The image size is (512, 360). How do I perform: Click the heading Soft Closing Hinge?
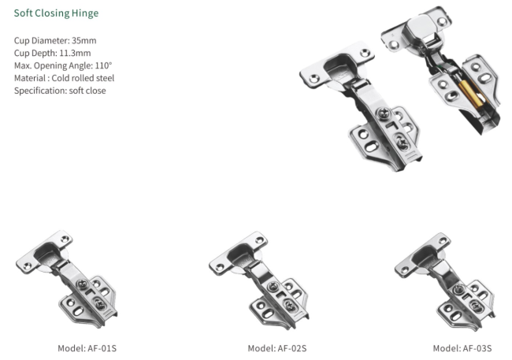click(x=56, y=13)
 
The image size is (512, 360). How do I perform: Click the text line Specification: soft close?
click(x=60, y=91)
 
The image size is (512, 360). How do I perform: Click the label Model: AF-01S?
click(x=87, y=348)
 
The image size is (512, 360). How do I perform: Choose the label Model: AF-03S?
click(x=462, y=348)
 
